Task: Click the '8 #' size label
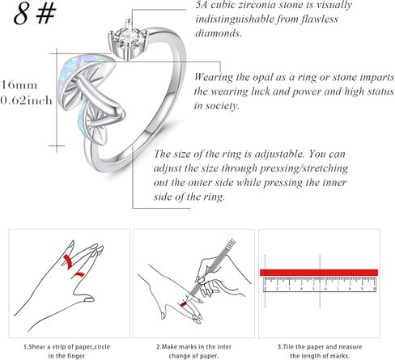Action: [x=35, y=15]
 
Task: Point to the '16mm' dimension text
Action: [x=19, y=85]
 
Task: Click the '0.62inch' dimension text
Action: [x=26, y=100]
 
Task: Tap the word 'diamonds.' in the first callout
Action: [x=219, y=33]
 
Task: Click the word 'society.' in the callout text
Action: [x=223, y=105]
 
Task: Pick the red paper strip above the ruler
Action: [x=319, y=273]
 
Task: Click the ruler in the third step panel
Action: [x=320, y=285]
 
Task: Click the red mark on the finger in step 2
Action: [x=184, y=304]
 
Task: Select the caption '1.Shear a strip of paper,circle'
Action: [x=66, y=347]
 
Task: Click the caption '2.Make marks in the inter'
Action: [x=193, y=347]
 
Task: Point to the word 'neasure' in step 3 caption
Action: [x=350, y=347]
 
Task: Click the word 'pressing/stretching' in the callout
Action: [x=304, y=168]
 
